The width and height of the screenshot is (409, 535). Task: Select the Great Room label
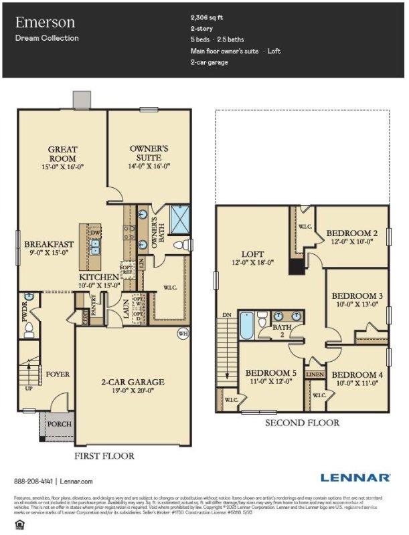click(x=62, y=154)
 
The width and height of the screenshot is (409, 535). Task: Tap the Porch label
click(x=59, y=424)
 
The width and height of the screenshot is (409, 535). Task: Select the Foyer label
click(x=58, y=375)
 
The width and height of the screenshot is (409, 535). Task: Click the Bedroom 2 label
click(x=352, y=233)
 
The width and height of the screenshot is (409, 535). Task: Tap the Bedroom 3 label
click(x=357, y=296)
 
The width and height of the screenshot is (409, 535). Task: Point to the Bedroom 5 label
click(x=270, y=373)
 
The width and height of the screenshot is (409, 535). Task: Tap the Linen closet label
click(x=315, y=374)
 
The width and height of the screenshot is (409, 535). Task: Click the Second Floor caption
click(x=302, y=423)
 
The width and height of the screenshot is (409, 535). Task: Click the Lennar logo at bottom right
click(x=355, y=477)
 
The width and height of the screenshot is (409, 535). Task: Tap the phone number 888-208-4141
click(x=33, y=481)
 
